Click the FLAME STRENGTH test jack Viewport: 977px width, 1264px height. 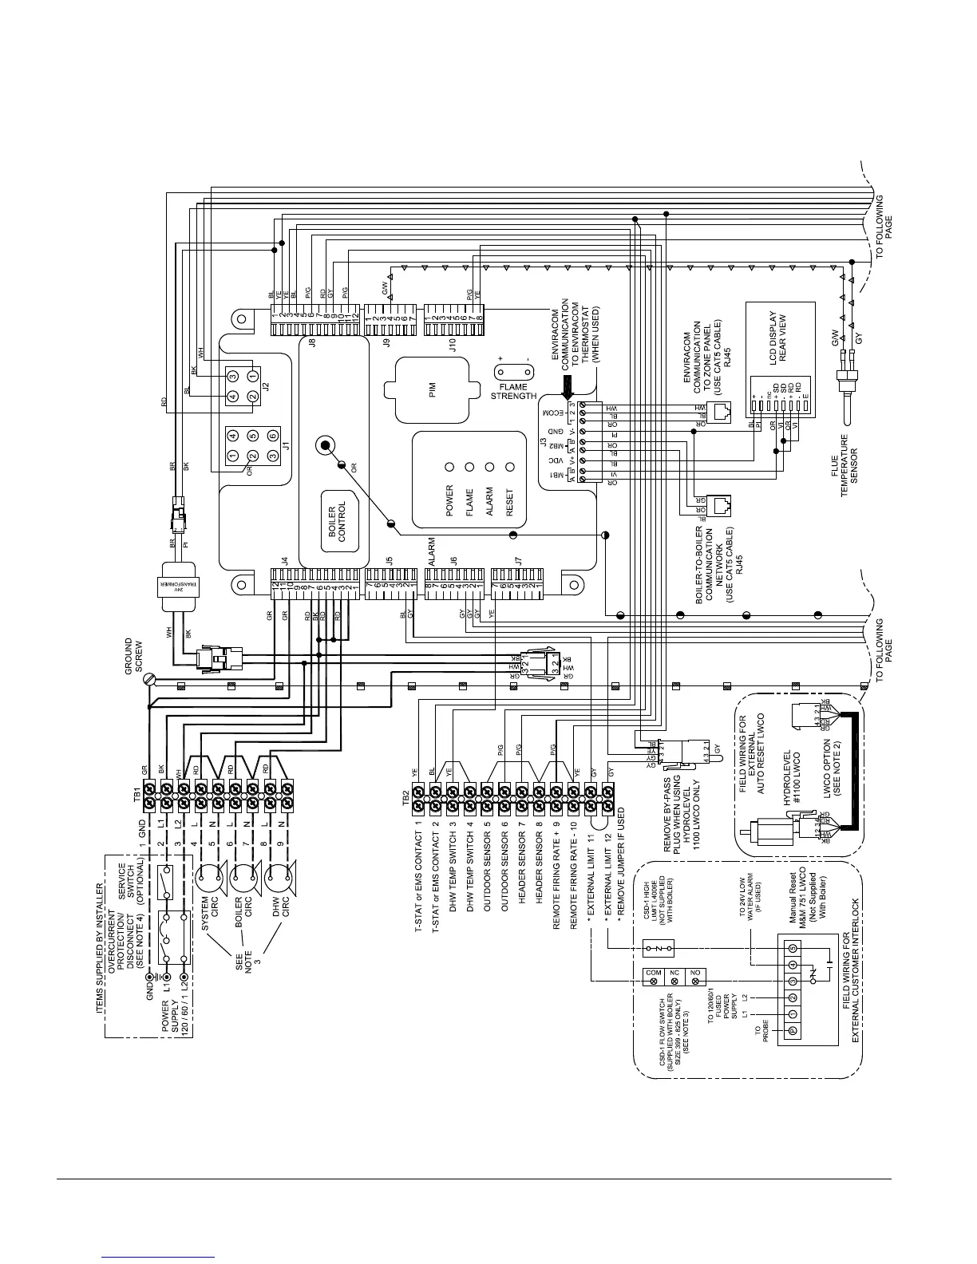pyautogui.click(x=514, y=372)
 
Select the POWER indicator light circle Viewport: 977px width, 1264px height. pyautogui.click(x=449, y=466)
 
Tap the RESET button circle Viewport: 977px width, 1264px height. pyautogui.click(x=511, y=466)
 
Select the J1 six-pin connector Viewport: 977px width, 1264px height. pyautogui.click(x=252, y=447)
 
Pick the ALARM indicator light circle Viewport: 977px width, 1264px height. pyautogui.click(x=490, y=466)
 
